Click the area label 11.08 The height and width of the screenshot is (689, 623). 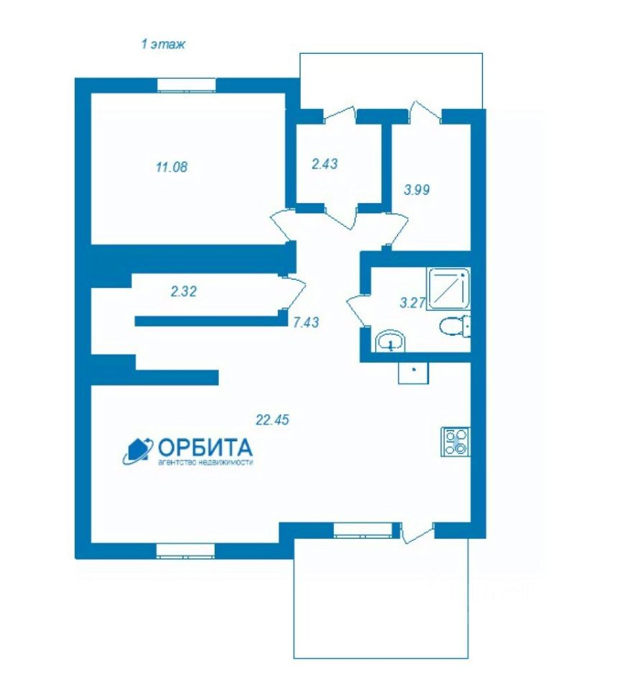point(172,167)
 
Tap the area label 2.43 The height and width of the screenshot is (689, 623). point(324,164)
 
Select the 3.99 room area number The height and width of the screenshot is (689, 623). point(416,189)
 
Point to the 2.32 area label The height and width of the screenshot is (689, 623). point(184,291)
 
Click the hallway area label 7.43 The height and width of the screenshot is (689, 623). point(306,322)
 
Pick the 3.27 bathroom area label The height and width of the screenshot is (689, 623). point(413,303)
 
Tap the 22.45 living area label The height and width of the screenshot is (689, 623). point(273,420)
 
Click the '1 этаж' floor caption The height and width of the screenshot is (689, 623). point(163,44)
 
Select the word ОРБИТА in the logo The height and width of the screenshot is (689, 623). point(205,448)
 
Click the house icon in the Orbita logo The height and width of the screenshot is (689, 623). point(138,451)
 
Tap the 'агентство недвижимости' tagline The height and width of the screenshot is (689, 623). point(205,462)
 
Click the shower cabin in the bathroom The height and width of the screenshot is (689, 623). point(448,289)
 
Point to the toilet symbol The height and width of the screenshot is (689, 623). point(455,326)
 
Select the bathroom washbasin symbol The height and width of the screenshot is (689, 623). point(391,341)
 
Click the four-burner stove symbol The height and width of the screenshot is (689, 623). point(456,441)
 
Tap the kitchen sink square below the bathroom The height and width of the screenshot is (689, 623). point(413,372)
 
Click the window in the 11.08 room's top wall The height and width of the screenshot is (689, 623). point(187,85)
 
